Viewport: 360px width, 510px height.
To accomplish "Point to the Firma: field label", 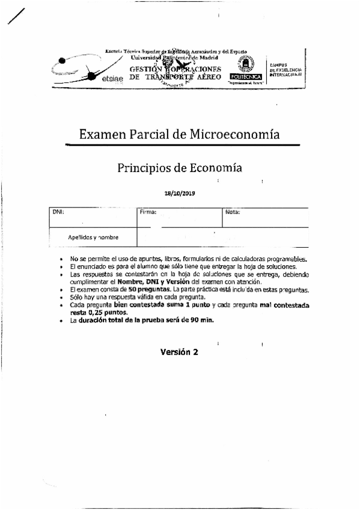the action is coord(148,212).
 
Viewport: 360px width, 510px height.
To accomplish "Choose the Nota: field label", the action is coord(233,212).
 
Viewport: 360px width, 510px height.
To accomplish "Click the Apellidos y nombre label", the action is coord(93,237).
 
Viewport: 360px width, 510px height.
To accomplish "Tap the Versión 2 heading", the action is coord(178,353).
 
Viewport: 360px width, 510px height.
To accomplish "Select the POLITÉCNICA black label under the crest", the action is coord(245,78).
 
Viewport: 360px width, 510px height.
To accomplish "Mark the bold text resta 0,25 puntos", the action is coord(98,313).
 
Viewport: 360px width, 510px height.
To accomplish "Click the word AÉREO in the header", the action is coord(208,77).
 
